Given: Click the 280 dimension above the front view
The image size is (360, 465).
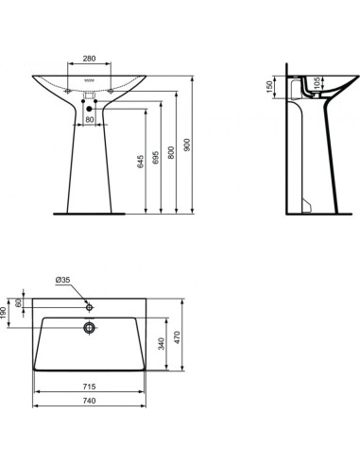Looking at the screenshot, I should [90, 59].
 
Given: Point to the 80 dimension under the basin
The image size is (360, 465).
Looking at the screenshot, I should [90, 120].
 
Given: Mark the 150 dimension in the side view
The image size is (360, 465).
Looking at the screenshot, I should [270, 86].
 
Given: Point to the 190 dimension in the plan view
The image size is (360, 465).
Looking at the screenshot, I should [5, 311].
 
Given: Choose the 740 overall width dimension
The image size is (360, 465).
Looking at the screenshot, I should [90, 403].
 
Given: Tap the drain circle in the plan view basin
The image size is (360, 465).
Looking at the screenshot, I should [89, 328].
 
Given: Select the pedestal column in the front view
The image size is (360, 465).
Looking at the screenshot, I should [90, 170].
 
